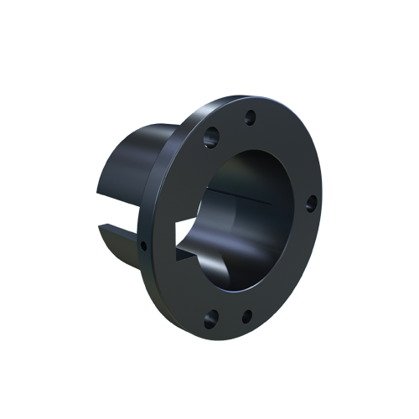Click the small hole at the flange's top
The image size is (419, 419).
tap(249, 117)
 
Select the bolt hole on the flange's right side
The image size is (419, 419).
tap(310, 203)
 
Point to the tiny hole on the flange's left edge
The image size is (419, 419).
tap(143, 246)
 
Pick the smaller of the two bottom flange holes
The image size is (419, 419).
tap(247, 317)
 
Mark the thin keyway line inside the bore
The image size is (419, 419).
tap(243, 199)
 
